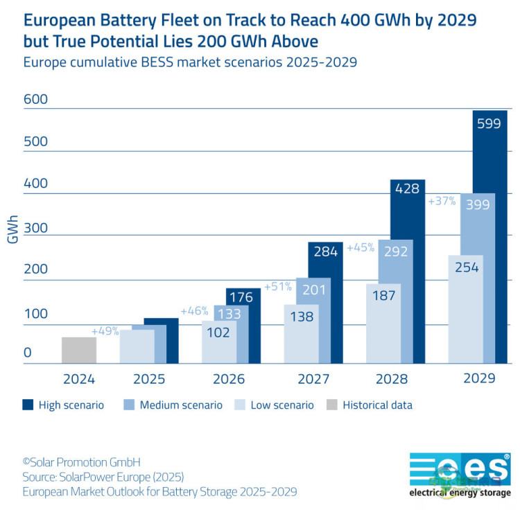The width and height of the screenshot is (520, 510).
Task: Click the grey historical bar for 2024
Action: (x=79, y=350)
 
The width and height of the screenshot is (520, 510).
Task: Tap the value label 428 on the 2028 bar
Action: (x=407, y=188)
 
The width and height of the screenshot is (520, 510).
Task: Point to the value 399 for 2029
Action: (x=477, y=204)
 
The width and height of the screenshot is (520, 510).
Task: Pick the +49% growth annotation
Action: (x=105, y=331)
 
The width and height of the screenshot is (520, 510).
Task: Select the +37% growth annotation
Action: (x=442, y=202)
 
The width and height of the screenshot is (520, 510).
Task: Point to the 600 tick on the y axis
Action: (x=36, y=100)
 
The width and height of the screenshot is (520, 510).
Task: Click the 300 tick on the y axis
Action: (x=36, y=227)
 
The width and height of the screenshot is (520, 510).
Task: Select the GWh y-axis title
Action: (x=12, y=227)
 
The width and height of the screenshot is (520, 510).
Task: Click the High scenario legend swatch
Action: (x=28, y=405)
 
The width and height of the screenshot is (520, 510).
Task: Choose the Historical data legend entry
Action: (x=377, y=405)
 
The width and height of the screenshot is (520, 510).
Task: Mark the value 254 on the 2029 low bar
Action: (x=466, y=267)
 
